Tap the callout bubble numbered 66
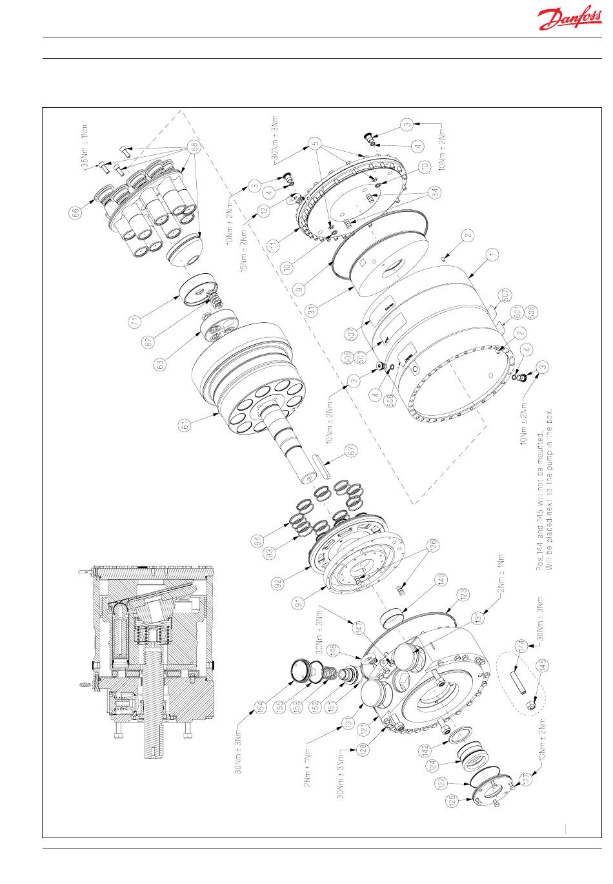77,212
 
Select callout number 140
441,578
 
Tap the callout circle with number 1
494,255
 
